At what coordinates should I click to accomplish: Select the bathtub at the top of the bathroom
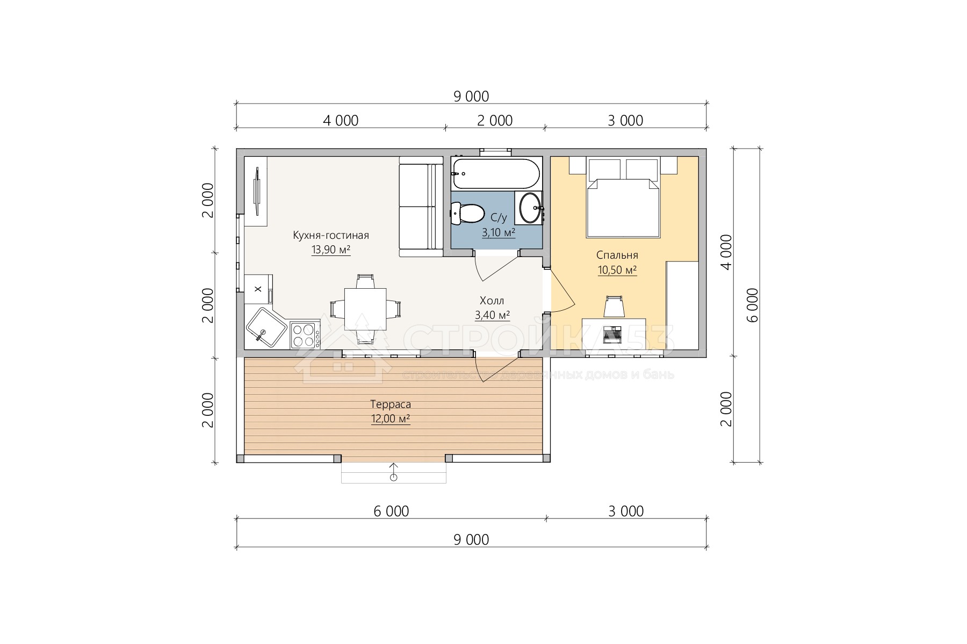pos(495,173)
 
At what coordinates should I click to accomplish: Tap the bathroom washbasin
pos(530,207)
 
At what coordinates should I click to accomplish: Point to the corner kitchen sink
pos(266,327)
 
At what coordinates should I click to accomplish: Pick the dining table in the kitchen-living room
pos(365,309)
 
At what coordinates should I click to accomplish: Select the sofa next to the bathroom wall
pos(421,207)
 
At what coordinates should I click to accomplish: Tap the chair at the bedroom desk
pos(614,306)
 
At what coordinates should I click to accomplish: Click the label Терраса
pos(391,404)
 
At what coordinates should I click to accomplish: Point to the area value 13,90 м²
pos(331,250)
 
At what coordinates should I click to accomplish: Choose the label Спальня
pos(617,255)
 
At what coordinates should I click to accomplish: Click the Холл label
pos(492,301)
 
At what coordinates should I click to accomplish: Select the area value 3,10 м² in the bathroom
pos(499,232)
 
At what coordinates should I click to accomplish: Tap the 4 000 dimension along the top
pos(341,121)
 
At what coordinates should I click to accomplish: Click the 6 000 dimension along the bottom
pos(391,511)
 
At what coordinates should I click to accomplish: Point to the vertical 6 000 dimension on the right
pos(753,305)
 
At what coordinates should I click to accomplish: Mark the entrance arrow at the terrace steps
pos(394,471)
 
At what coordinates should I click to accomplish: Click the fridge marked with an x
pos(258,289)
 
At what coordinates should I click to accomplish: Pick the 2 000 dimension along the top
pos(495,121)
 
